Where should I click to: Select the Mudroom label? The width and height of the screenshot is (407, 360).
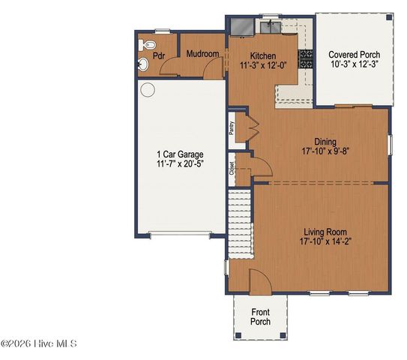click(202, 54)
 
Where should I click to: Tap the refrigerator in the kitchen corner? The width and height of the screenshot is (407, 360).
click(242, 27)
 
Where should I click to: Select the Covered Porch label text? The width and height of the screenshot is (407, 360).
click(354, 55)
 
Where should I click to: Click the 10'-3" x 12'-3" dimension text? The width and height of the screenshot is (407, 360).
click(354, 65)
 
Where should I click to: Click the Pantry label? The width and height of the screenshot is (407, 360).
click(232, 128)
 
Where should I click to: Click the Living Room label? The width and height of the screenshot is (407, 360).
click(325, 231)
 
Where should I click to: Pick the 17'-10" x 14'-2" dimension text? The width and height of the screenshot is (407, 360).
click(325, 241)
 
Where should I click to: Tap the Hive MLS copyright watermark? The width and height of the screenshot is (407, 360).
click(39, 344)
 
